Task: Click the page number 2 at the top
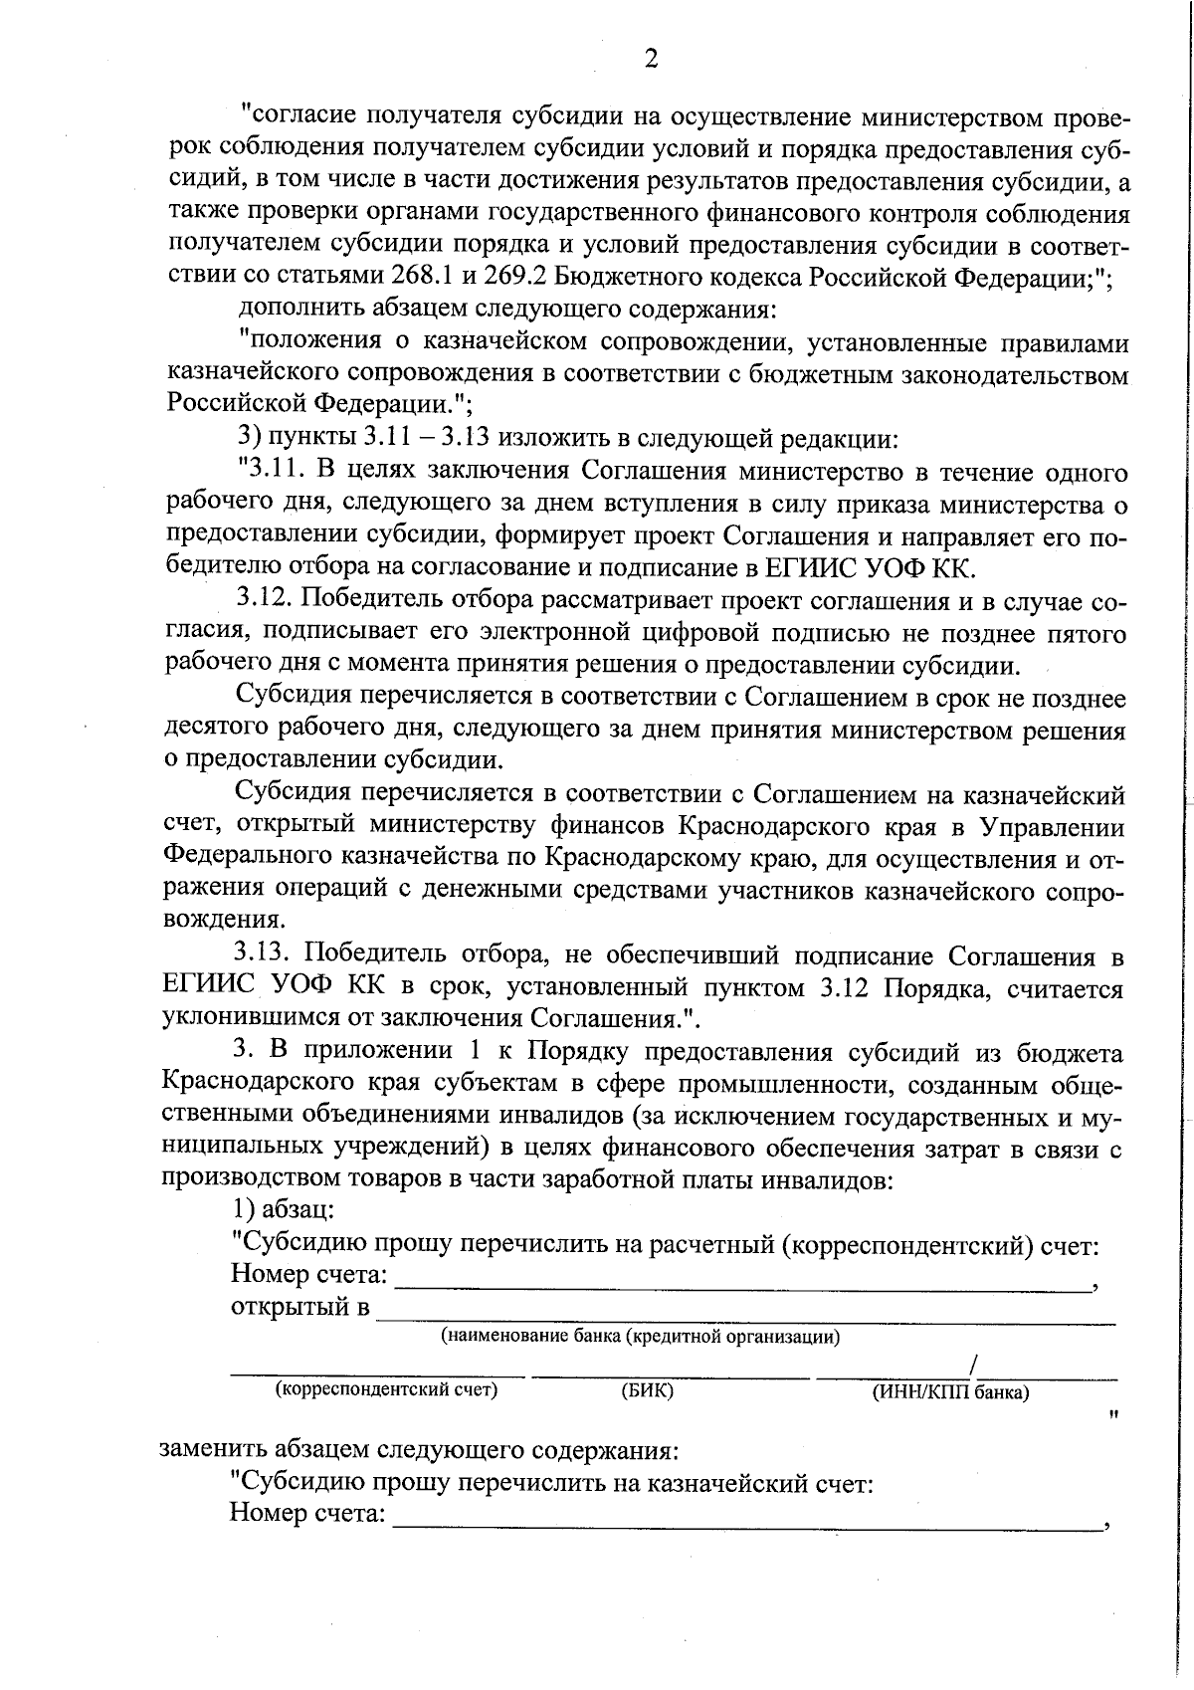[651, 59]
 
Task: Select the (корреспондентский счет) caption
[386, 1390]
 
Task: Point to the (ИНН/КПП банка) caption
[950, 1392]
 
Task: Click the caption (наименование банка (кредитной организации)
[641, 1337]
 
